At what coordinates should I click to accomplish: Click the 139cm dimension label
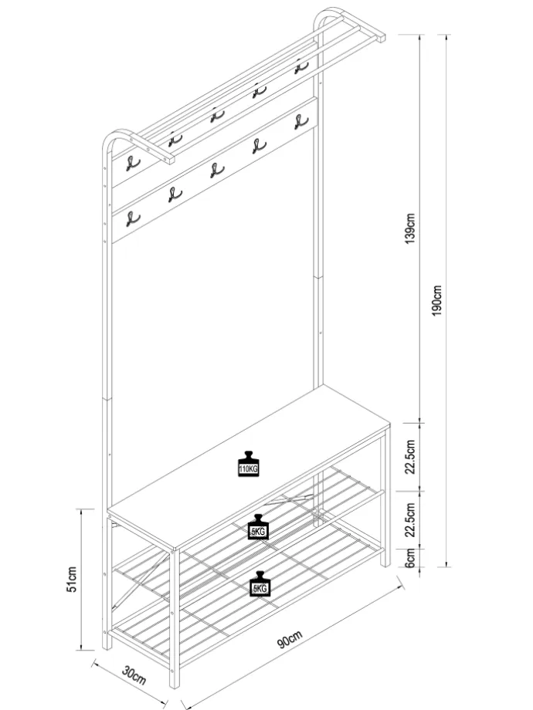coord(409,228)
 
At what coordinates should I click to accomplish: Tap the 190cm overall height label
coord(437,301)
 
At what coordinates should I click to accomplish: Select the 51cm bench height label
coord(72,579)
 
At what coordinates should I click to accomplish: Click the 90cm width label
coord(289,639)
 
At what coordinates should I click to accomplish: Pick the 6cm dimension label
coord(410,557)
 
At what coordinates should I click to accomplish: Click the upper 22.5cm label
coord(410,456)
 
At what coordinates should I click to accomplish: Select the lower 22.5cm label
coord(410,519)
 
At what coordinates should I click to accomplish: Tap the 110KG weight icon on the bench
coord(249,464)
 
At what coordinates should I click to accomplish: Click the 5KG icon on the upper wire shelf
coord(258,527)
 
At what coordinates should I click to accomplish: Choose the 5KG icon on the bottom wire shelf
coord(260,584)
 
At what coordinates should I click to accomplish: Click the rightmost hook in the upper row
coord(300,66)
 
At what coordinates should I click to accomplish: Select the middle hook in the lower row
coord(216,171)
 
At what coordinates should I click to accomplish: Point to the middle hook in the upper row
coord(216,116)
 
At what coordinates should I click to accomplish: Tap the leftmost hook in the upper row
coord(132,164)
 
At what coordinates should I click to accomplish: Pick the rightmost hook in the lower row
coord(301,122)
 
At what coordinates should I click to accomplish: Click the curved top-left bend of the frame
coord(110,137)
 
